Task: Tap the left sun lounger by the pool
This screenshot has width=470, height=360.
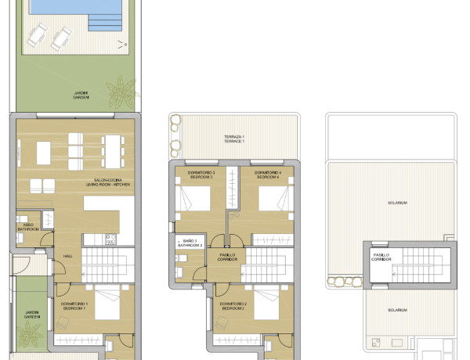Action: pos(36,36)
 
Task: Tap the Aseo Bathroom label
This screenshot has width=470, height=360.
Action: pos(27,228)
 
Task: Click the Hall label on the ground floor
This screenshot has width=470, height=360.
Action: pos(68,255)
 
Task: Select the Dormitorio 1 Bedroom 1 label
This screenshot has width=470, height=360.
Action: pos(75,306)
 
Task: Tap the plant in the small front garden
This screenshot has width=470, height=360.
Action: pos(29,335)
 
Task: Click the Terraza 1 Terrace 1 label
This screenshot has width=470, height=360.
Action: pos(234,139)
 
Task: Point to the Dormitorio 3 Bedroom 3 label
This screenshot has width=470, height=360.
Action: pos(201,174)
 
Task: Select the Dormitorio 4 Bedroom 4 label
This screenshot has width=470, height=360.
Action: pos(268,174)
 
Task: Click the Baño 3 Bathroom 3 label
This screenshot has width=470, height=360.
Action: pos(190,243)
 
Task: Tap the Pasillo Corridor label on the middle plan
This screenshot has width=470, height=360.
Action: pos(227,255)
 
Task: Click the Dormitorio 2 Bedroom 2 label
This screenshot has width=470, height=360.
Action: pos(233,306)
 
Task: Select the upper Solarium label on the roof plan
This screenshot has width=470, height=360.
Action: pos(396,203)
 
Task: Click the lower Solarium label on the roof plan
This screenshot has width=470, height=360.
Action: pos(396,311)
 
